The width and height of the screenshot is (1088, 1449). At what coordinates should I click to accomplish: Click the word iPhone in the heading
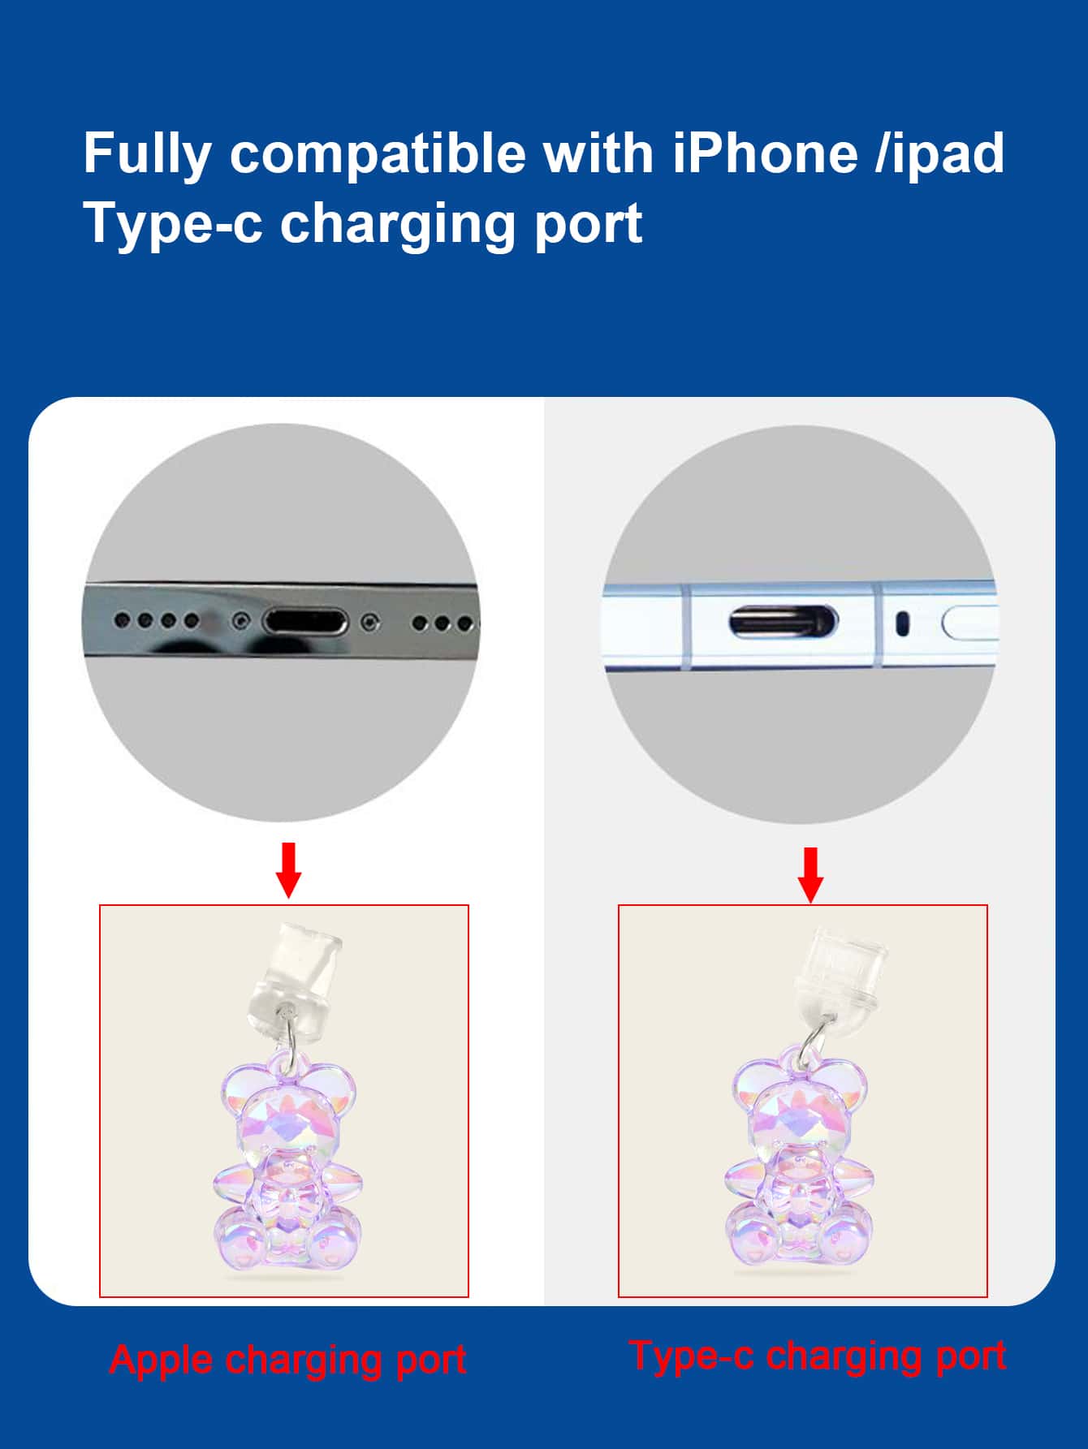point(765,153)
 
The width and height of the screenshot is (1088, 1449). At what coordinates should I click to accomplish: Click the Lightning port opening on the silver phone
point(305,623)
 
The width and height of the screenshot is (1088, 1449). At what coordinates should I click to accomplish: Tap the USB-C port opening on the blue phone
point(783,623)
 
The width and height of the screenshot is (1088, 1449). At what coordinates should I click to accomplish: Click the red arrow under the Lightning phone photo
point(288,869)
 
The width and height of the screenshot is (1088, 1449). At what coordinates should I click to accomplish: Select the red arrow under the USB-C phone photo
point(810,874)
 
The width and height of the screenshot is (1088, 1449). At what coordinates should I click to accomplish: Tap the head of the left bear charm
point(288,1112)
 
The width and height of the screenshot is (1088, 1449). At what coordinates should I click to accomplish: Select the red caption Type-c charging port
point(818,1356)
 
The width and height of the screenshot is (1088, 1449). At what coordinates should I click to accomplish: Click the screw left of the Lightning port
point(239,621)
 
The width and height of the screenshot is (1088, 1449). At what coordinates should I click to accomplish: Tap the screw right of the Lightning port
point(370,623)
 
